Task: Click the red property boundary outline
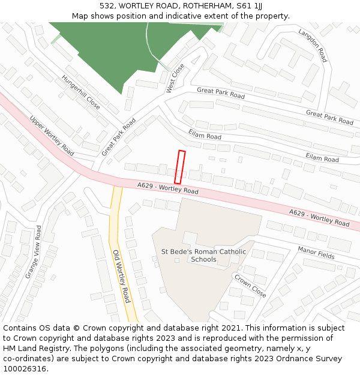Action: pyautogui.click(x=179, y=167)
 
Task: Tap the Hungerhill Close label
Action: pyautogui.click(x=81, y=92)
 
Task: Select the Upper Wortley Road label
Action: pyautogui.click(x=52, y=136)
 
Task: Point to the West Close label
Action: pyautogui.click(x=175, y=78)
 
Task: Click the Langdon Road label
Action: pyautogui.click(x=313, y=46)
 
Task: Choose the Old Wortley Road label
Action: pyautogui.click(x=122, y=276)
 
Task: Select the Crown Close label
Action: pyautogui.click(x=250, y=286)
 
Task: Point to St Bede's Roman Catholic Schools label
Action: pyautogui.click(x=203, y=256)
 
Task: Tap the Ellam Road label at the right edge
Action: pyautogui.click(x=322, y=157)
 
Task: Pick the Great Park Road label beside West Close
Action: pyautogui.click(x=221, y=93)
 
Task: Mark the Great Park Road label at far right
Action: pyautogui.click(x=329, y=117)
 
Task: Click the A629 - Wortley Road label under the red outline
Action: pyautogui.click(x=167, y=188)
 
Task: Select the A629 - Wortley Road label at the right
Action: pyautogui.click(x=319, y=218)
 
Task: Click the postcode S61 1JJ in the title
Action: pyautogui.click(x=249, y=5)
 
